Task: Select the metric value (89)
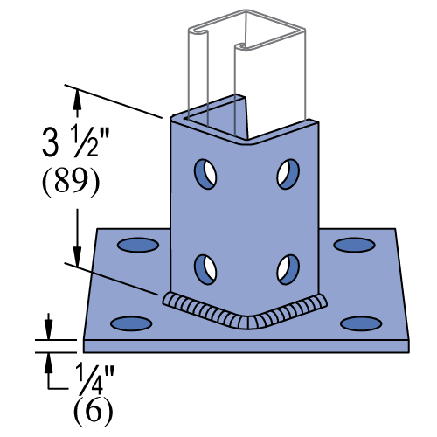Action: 71,182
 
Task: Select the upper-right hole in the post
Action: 286,172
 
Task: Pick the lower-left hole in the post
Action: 207,267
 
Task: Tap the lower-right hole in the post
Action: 286,269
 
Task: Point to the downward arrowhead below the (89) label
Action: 77,254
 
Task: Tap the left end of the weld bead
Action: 166,299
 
